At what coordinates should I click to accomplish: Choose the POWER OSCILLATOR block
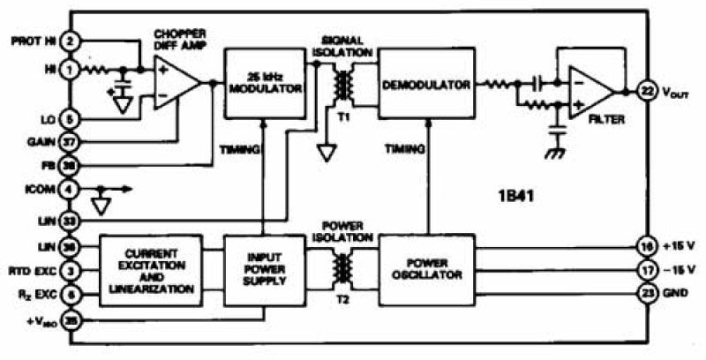click(x=422, y=269)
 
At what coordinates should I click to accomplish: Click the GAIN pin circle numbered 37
click(x=70, y=140)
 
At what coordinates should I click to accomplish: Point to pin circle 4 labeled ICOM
click(x=70, y=188)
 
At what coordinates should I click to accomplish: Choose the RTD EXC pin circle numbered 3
click(x=70, y=270)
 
